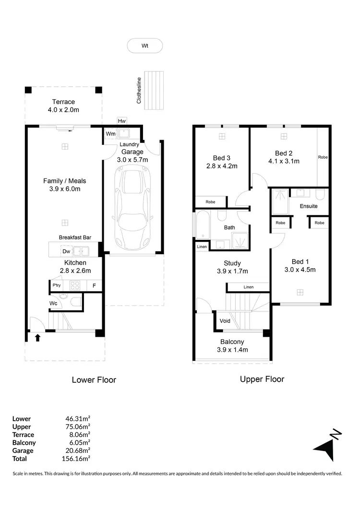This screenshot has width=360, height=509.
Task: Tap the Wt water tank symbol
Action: (144, 46)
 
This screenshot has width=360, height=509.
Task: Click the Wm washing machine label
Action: (110, 133)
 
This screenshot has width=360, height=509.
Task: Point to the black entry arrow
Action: (37, 338)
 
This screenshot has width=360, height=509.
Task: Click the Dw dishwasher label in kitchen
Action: (66, 250)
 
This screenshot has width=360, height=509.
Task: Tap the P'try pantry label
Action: (56, 286)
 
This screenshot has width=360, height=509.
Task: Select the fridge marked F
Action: (94, 286)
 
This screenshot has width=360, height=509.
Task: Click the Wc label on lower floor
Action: (54, 303)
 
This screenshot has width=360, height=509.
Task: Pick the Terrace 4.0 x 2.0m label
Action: (64, 106)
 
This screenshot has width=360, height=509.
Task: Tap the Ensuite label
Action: (309, 206)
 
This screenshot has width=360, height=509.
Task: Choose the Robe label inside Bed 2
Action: (323, 157)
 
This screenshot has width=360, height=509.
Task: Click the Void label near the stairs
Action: (225, 321)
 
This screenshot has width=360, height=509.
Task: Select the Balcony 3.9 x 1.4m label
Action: (232, 346)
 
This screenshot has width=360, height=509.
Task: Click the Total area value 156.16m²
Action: (77, 459)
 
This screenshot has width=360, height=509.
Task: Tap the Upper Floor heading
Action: (262, 379)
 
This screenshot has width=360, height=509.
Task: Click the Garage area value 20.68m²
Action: (77, 451)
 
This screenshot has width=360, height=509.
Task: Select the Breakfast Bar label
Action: (75, 237)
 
